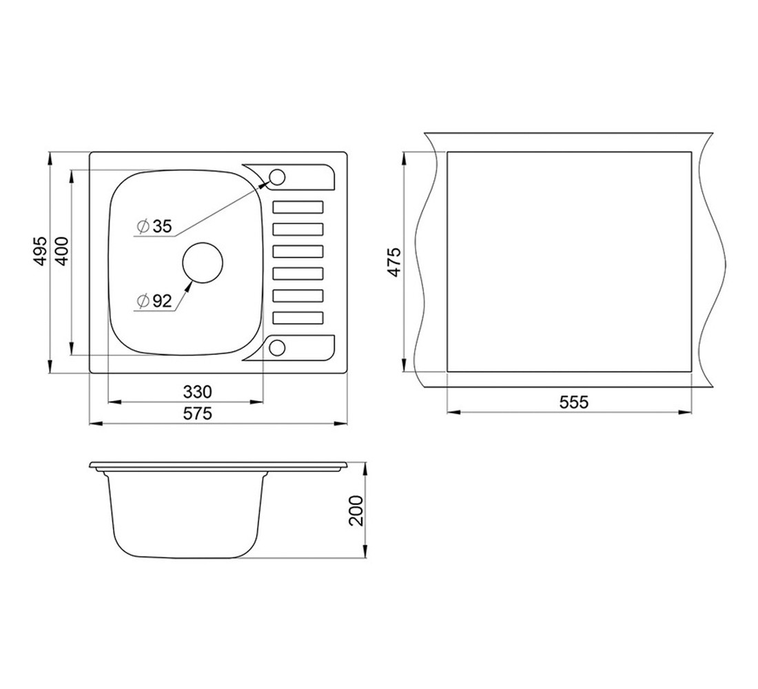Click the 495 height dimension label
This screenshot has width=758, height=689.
coord(41,250)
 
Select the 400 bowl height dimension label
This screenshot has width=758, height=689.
coord(62,249)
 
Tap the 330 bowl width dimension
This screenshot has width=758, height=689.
coord(198,391)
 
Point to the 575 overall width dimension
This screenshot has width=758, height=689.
coord(198,413)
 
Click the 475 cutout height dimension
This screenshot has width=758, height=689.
coord(394,262)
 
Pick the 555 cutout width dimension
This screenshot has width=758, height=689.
coord(574,402)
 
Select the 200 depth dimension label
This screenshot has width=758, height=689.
coord(356,511)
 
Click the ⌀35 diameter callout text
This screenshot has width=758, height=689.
coord(154,226)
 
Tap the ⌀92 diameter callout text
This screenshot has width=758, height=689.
coord(154,301)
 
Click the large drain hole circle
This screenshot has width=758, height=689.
coord(203,263)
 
